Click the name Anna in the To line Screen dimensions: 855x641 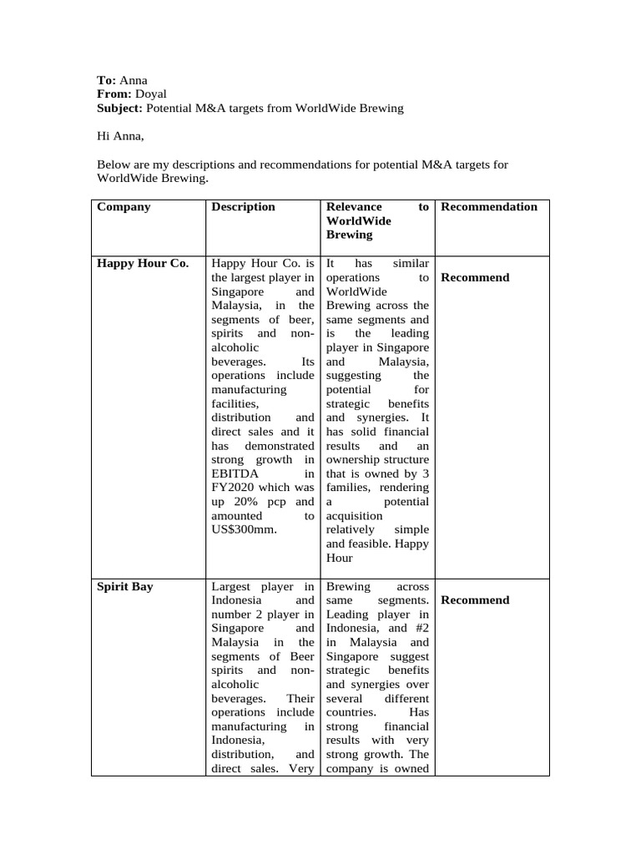[x=134, y=81]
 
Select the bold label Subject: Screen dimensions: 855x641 [x=120, y=109]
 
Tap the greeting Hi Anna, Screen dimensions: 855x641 [x=120, y=136]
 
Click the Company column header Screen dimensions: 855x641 [x=124, y=207]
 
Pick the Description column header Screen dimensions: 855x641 [x=243, y=207]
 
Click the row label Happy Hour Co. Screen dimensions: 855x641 [x=143, y=264]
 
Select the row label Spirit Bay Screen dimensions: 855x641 [x=125, y=587]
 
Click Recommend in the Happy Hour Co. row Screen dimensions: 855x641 [x=474, y=278]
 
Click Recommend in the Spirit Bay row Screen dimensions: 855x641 [x=474, y=600]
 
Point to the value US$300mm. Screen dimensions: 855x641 [x=244, y=530]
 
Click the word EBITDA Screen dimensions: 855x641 [x=235, y=473]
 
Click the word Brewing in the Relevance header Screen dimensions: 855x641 [x=349, y=235]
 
